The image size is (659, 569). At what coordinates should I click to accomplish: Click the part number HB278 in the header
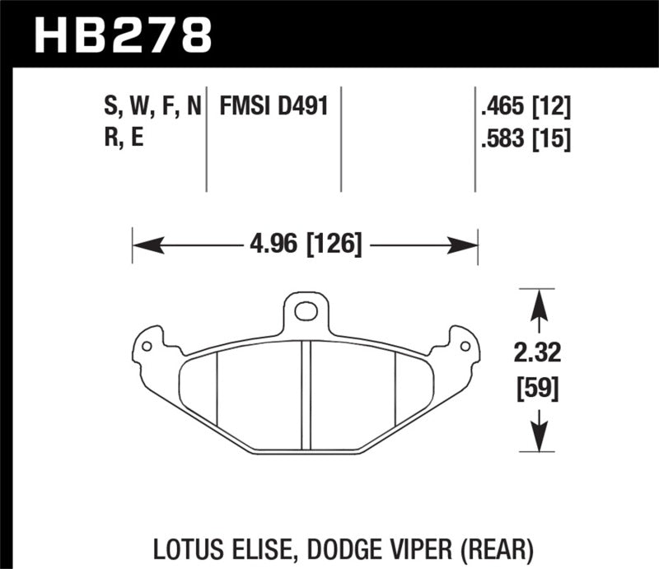(x=123, y=34)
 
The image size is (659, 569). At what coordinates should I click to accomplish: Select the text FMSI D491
(x=272, y=105)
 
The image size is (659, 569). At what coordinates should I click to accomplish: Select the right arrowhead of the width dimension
(x=470, y=245)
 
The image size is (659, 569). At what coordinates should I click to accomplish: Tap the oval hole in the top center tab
(x=306, y=312)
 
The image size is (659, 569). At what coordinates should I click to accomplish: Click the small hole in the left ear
(x=147, y=346)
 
